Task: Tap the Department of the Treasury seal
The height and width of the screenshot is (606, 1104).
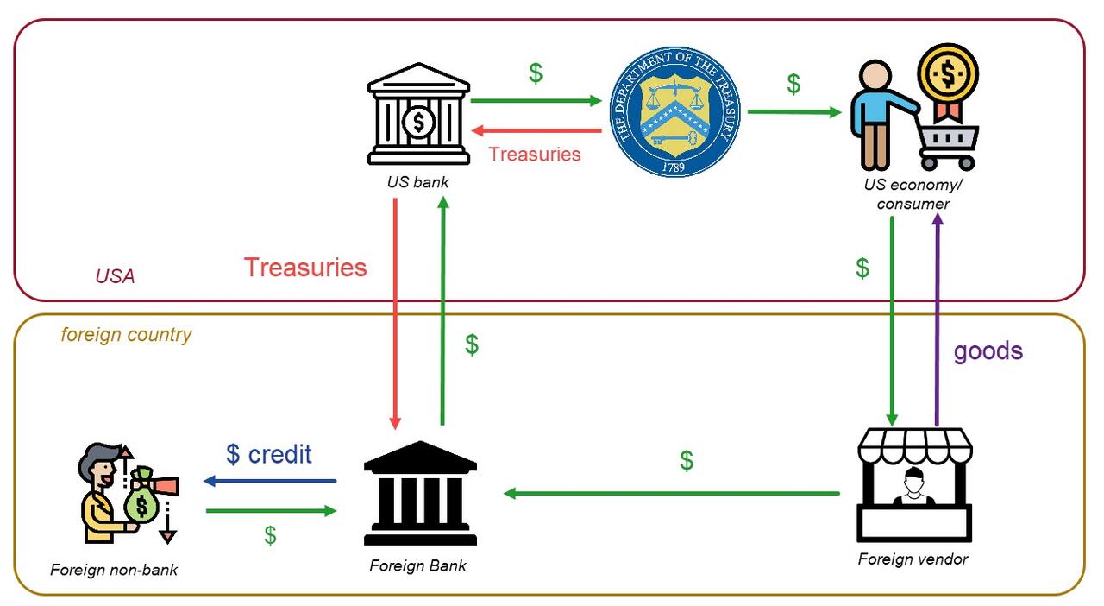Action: coord(674,112)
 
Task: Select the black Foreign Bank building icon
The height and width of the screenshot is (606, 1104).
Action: coord(420,494)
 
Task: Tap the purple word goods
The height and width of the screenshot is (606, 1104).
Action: coord(988,350)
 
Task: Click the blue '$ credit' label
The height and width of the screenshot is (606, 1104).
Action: coord(268,454)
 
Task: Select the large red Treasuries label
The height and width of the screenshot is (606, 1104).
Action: coord(305,268)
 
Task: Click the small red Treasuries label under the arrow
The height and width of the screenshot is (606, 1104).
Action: coord(535,155)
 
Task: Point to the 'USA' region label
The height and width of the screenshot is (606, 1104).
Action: coord(115,276)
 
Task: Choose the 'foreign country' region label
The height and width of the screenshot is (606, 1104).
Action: coord(126,335)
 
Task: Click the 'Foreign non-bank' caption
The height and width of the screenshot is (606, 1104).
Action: coord(114,570)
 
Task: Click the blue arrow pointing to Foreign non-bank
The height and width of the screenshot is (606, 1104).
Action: coord(270,481)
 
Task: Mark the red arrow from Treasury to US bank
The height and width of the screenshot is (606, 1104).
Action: coord(536,131)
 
